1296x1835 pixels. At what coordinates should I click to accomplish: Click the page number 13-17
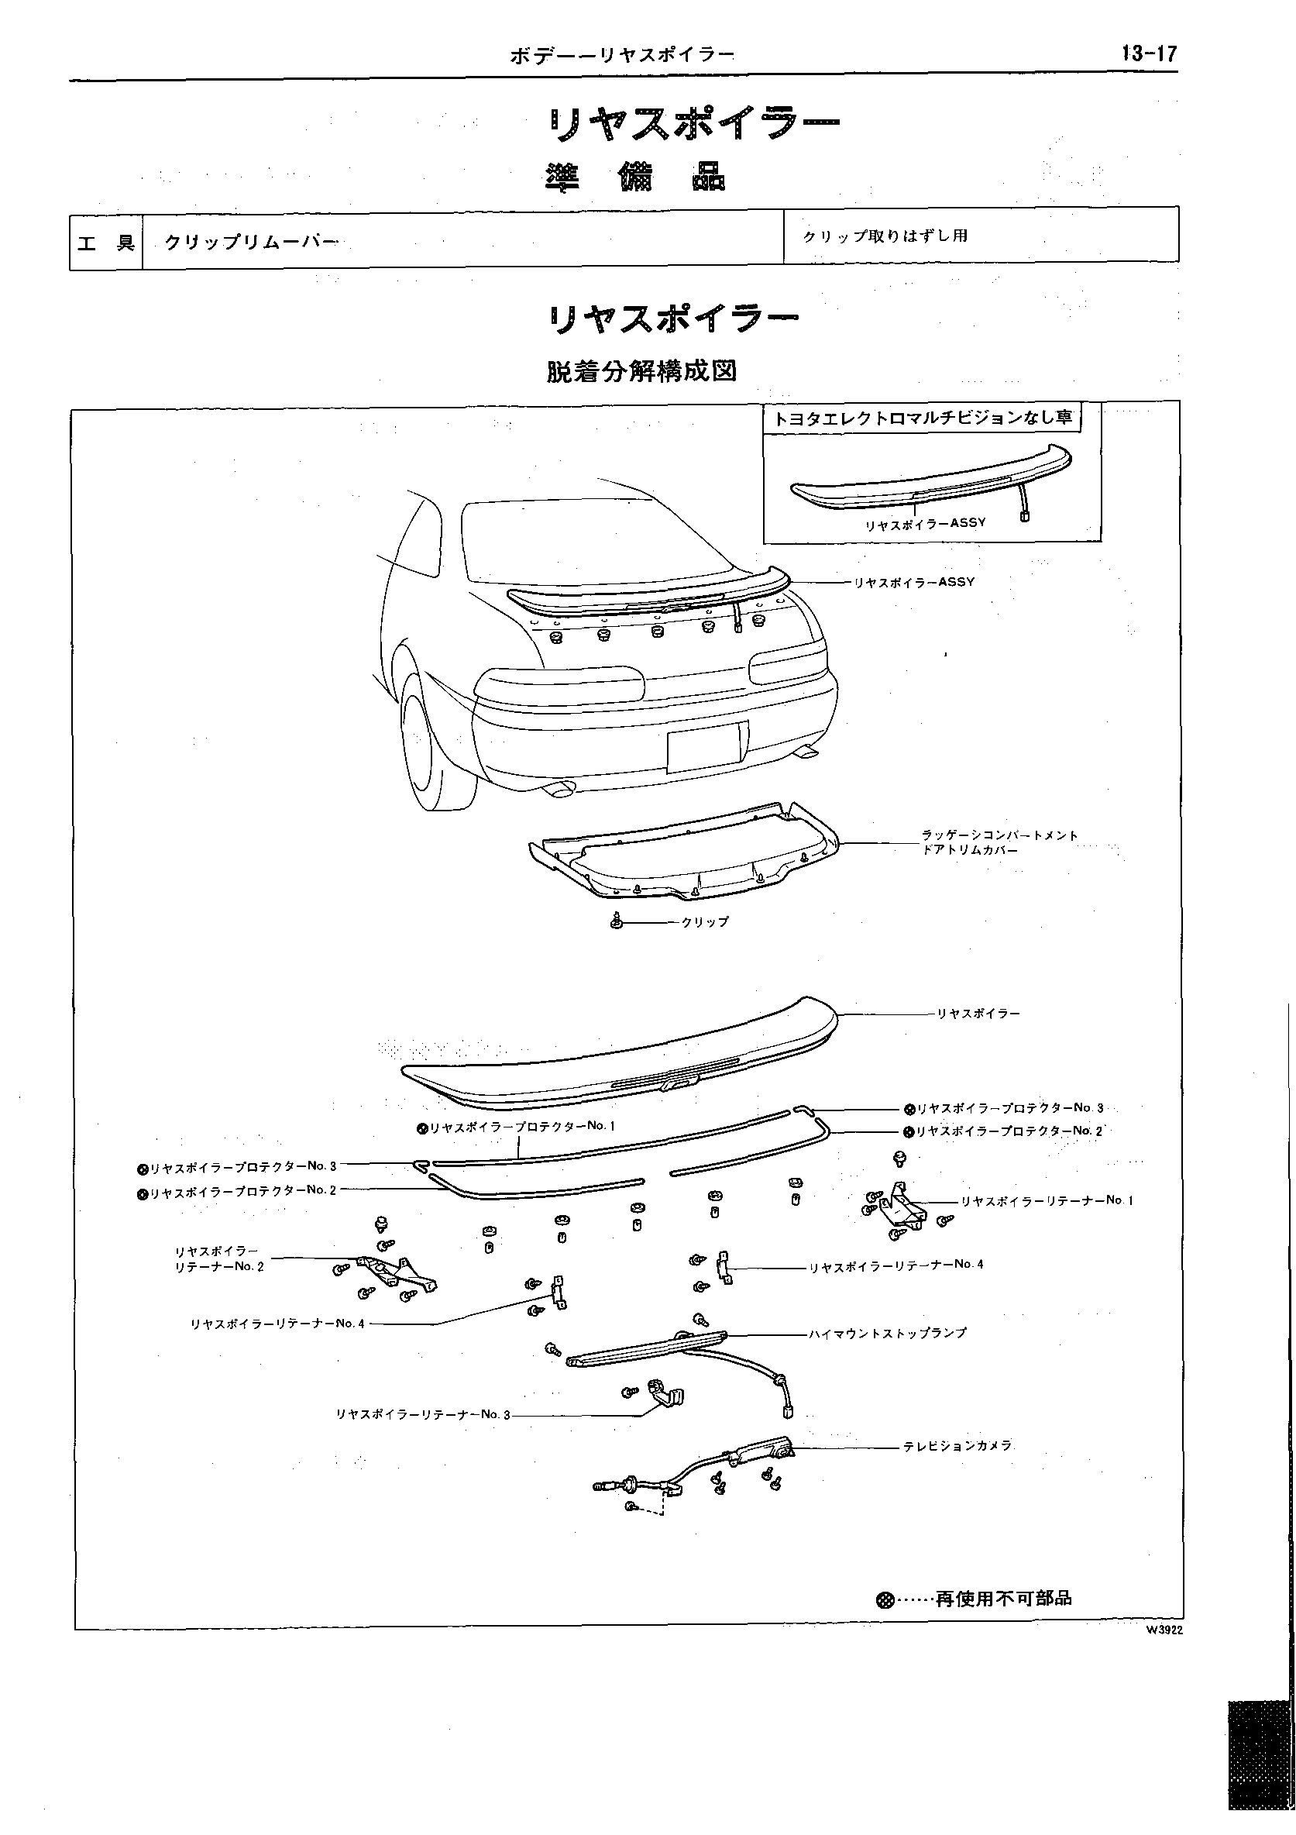coord(1148,53)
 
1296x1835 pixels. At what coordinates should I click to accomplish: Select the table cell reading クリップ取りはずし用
coord(885,236)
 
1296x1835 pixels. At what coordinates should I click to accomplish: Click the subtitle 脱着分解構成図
coord(641,372)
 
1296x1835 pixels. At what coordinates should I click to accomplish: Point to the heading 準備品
coord(636,177)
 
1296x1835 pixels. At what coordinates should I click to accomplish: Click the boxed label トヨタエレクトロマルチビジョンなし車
coord(921,418)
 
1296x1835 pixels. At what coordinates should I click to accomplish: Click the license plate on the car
coord(707,745)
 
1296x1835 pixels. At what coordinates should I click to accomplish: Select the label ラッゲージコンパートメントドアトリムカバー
coord(999,842)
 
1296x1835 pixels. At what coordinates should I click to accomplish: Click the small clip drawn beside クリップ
coord(616,921)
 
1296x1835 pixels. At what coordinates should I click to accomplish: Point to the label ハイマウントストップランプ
coord(887,1333)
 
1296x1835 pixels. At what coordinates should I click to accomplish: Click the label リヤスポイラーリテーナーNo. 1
coord(1046,1200)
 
